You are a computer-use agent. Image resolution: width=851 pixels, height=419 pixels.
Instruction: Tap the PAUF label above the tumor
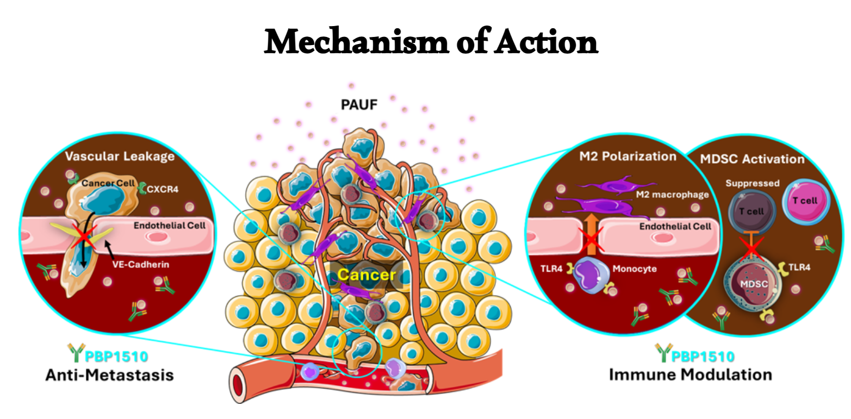pyautogui.click(x=358, y=104)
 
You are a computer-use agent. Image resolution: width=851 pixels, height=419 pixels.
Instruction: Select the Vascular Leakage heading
pyautogui.click(x=120, y=157)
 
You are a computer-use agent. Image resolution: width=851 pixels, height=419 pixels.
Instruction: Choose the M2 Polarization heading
pyautogui.click(x=626, y=157)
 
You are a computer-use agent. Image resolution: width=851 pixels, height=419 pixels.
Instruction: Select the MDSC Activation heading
pyautogui.click(x=751, y=159)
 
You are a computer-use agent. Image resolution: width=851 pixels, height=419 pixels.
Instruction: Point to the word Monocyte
pyautogui.click(x=635, y=268)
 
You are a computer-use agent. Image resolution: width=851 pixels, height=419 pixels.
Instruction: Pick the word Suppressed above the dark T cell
pyautogui.click(x=752, y=183)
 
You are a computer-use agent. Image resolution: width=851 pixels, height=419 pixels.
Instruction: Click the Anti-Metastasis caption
pyautogui.click(x=109, y=374)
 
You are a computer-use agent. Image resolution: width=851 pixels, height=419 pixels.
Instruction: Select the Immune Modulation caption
pyautogui.click(x=690, y=374)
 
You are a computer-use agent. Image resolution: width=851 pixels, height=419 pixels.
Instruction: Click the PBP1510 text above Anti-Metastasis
pyautogui.click(x=116, y=357)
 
